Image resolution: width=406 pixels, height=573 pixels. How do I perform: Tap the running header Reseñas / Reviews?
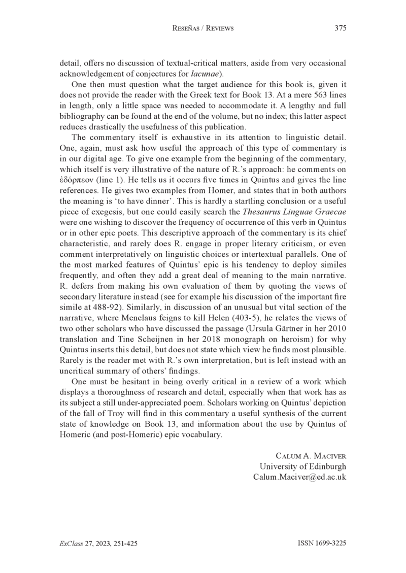pos(203,28)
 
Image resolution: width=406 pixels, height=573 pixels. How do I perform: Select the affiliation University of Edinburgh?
pos(302,467)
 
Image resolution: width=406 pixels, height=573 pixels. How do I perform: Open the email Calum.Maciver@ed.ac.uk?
pos(299,477)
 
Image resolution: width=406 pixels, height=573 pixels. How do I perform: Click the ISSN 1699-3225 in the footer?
pos(321,543)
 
